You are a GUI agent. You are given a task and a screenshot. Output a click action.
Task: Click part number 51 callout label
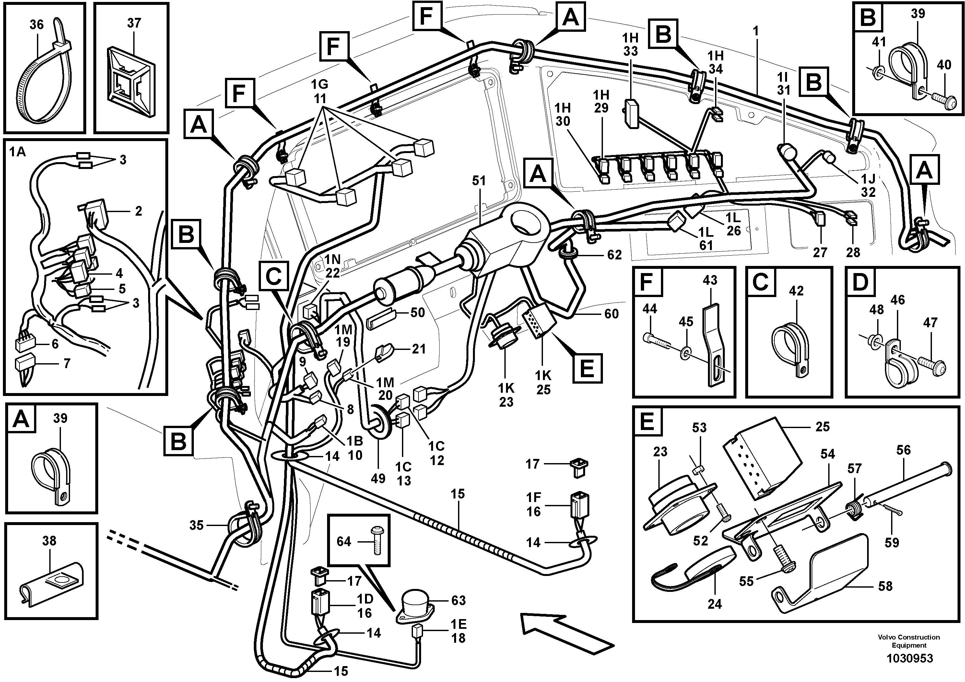[x=479, y=181]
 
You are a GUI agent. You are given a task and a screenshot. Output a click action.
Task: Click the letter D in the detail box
[x=861, y=282]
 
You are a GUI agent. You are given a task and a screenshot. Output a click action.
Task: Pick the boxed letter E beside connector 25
[x=587, y=368]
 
